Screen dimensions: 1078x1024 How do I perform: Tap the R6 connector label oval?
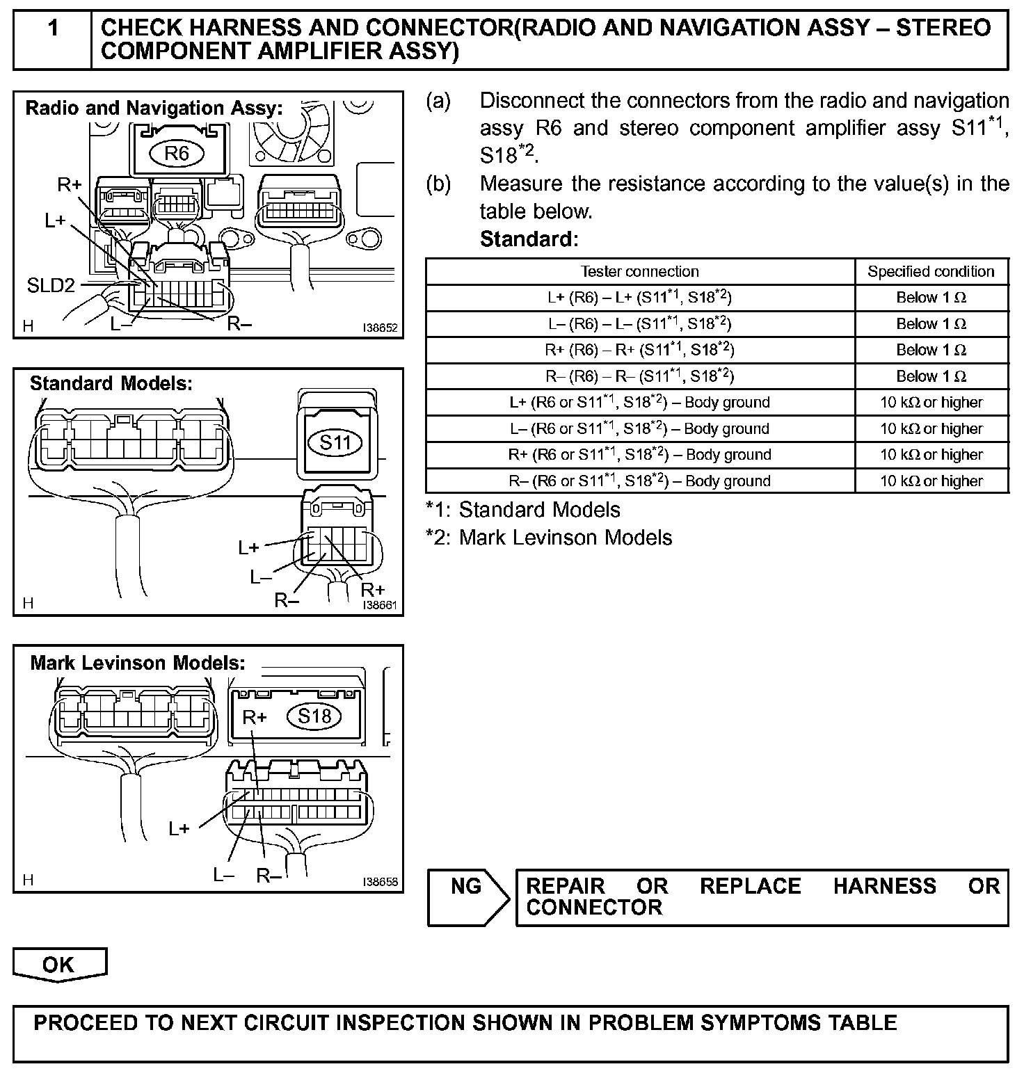(177, 153)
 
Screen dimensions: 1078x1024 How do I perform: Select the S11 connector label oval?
(336, 442)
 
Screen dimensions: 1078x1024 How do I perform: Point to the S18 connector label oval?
(314, 716)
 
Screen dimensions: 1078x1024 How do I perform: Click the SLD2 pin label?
(51, 285)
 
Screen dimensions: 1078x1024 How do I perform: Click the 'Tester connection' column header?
(639, 271)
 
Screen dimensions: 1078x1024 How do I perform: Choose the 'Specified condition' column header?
(931, 271)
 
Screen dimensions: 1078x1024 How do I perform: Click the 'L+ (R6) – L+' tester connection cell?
(639, 298)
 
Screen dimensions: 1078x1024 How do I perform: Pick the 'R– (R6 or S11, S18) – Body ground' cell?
(639, 481)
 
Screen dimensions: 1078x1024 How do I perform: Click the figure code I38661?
(380, 605)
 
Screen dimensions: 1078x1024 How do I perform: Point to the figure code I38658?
(380, 881)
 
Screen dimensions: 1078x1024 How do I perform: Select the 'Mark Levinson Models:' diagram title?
(138, 663)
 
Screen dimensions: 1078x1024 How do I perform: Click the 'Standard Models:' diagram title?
(111, 383)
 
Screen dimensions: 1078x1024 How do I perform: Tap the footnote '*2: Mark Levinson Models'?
(549, 538)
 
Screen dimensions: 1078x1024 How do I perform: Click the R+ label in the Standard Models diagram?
(373, 590)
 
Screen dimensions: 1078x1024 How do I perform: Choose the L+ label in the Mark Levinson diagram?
(179, 828)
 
